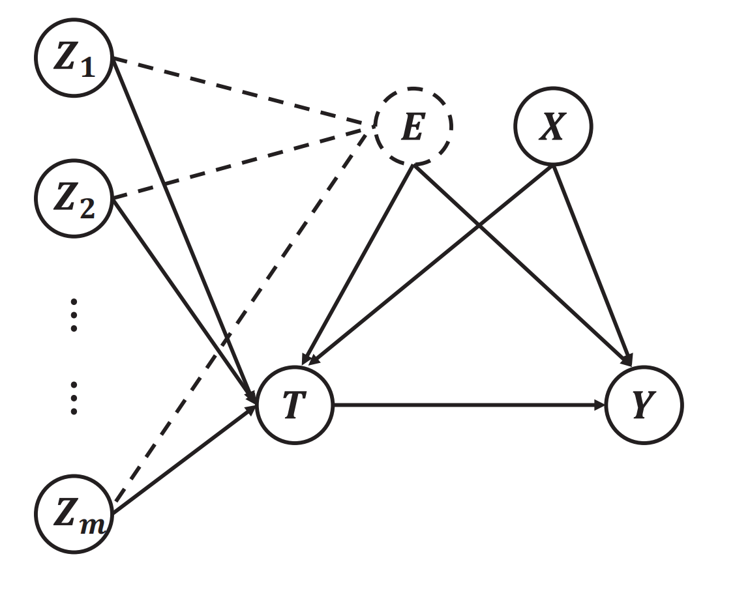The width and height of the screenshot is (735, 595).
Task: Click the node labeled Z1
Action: tap(74, 57)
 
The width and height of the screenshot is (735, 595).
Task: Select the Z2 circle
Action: tap(74, 199)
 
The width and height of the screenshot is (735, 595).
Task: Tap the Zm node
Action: tap(74, 514)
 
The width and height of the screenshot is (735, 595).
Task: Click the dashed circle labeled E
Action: tap(413, 126)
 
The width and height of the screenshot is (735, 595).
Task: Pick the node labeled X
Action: tap(553, 126)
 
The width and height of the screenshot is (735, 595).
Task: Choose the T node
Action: tap(294, 405)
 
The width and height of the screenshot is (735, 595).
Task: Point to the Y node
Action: tap(644, 405)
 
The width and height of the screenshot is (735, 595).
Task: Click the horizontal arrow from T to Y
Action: tap(469, 405)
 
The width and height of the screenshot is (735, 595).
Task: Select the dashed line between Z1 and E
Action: tap(244, 91)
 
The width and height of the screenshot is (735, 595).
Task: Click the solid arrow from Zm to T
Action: tap(184, 461)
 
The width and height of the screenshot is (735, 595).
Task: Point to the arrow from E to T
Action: tap(357, 265)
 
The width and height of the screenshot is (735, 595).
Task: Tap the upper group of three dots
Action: tap(74, 315)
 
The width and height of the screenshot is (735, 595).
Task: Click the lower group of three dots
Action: tap(74, 398)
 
